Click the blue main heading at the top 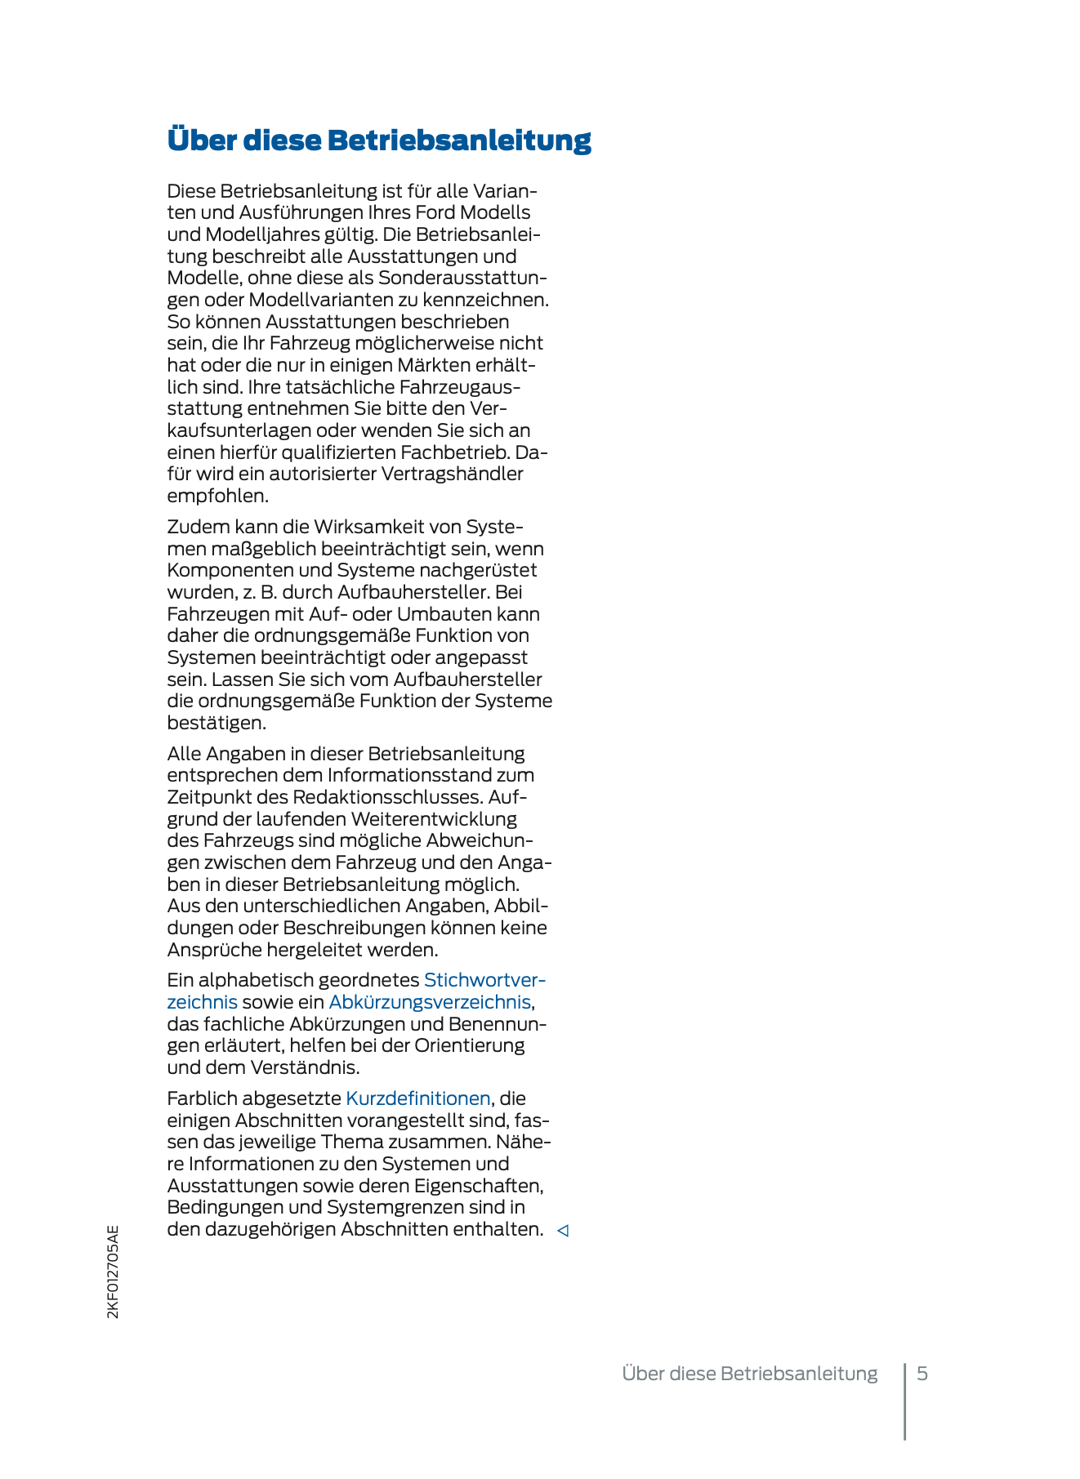[379, 140]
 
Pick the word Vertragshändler [453, 474]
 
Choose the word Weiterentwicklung [434, 818]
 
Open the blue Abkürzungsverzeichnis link [430, 1002]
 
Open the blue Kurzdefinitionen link [418, 1098]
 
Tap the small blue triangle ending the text [562, 1230]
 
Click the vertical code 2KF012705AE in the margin [113, 1272]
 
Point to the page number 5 [922, 1374]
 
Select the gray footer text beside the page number [750, 1374]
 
